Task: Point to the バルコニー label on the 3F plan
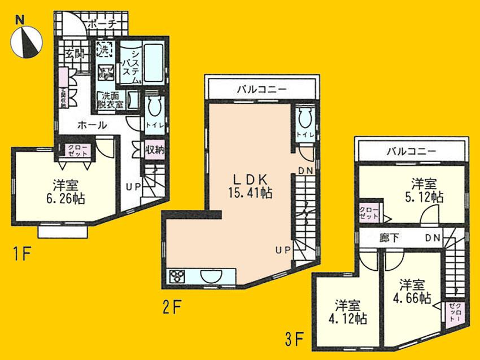click(412, 151)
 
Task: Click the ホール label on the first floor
click(90, 125)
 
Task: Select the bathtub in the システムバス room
click(152, 62)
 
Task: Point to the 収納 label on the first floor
click(155, 150)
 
